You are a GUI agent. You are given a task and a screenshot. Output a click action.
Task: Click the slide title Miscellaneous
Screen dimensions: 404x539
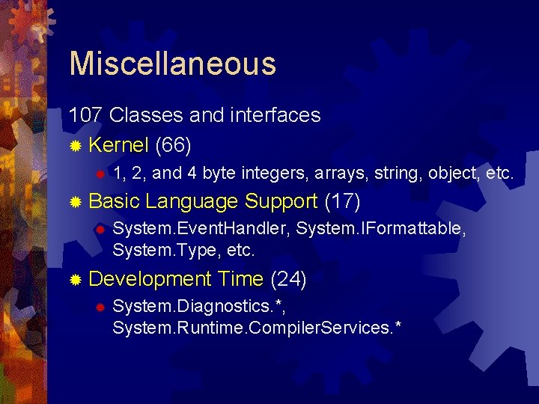pyautogui.click(x=172, y=64)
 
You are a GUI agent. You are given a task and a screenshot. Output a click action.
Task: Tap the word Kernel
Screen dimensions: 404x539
pyautogui.click(x=118, y=144)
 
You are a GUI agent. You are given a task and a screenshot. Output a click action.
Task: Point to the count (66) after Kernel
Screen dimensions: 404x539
pyautogui.click(x=173, y=144)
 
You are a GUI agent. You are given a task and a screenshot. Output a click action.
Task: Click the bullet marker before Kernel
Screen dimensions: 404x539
pyautogui.click(x=75, y=144)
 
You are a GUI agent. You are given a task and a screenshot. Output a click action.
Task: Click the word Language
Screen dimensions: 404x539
pyautogui.click(x=192, y=201)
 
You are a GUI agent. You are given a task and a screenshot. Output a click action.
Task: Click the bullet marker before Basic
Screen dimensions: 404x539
pyautogui.click(x=75, y=202)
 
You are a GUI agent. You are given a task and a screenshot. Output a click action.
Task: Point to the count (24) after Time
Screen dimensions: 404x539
pyautogui.click(x=288, y=279)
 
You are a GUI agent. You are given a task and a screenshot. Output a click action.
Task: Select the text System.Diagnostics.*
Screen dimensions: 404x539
pyautogui.click(x=199, y=307)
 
